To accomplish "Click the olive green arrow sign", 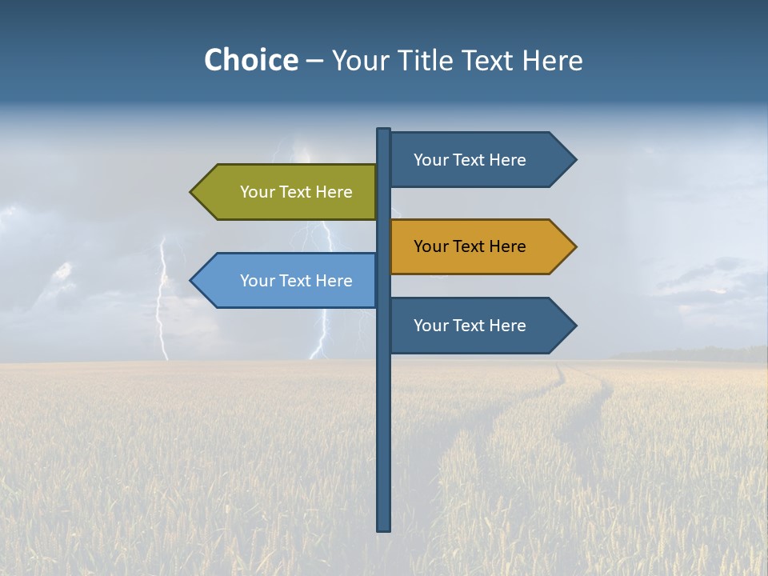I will coord(288,192).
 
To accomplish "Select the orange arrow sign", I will coord(480,246).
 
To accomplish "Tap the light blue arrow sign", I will coord(288,280).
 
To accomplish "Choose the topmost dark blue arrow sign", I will coord(480,160).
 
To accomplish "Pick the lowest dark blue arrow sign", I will coord(480,326).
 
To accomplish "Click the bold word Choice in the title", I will coord(250,60).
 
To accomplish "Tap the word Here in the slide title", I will coord(552,60).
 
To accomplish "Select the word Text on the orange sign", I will coord(470,246).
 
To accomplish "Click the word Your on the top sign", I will coord(430,160).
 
